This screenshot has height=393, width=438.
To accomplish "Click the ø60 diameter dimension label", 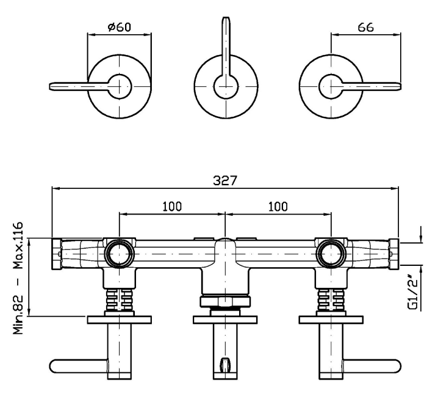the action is coord(120,27).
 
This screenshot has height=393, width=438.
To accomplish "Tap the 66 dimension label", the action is coord(365,28).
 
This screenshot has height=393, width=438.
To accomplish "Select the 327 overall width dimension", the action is coord(225,180).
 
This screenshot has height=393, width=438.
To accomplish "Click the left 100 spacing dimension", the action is coord(172,207).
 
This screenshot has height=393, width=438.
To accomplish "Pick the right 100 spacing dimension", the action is coord(278,207).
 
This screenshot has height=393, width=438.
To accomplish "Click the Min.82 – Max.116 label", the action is coord(18,278).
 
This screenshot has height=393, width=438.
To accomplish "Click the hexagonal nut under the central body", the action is coord(225,301).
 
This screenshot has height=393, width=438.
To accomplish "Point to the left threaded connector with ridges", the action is coord(120,299).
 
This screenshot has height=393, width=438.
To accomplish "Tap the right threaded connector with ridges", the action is coord(331,299).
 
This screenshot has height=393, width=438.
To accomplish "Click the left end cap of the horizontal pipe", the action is coord(56,254).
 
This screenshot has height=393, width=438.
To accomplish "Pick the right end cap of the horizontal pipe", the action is coord(394,254).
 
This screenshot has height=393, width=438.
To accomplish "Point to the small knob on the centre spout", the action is coord(225,364).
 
